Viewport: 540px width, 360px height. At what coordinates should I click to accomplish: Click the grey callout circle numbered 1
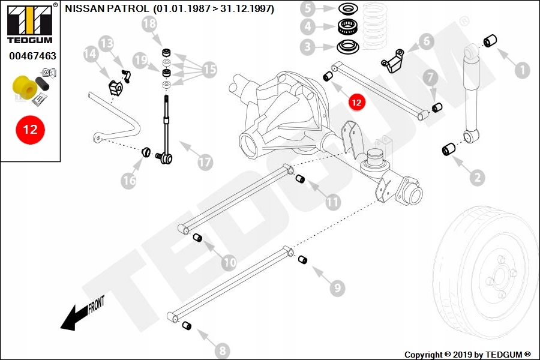(x=521, y=71)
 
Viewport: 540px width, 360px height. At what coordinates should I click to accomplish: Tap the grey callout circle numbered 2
(x=478, y=177)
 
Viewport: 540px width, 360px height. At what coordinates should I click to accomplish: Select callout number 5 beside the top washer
(x=307, y=9)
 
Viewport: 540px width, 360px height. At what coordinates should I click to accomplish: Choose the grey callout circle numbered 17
(x=205, y=162)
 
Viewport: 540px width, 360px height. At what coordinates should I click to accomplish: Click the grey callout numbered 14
(x=90, y=55)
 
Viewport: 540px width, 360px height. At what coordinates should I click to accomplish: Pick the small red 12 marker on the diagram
(x=356, y=103)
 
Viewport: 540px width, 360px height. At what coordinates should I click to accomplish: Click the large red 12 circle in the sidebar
(x=30, y=129)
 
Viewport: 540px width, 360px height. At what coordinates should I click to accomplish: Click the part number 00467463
(x=32, y=56)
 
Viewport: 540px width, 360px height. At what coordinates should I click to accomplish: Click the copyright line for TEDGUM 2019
(x=467, y=354)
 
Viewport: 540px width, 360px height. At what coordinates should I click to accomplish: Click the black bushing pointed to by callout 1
(x=490, y=41)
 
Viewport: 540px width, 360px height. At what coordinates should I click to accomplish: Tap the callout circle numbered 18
(x=149, y=24)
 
